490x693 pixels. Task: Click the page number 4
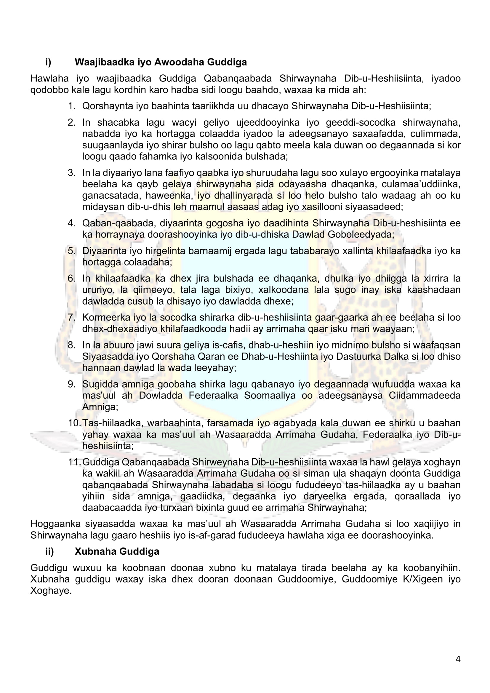coord(458,659)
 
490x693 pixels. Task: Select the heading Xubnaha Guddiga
coord(117,551)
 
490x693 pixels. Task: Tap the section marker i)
coord(48,62)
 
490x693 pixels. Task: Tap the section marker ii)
coord(49,551)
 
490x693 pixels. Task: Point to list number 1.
coord(71,106)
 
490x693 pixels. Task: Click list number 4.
coord(71,223)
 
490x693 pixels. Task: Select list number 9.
coord(71,384)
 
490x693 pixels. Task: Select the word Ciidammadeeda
coord(425,396)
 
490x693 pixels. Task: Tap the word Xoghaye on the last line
coord(51,591)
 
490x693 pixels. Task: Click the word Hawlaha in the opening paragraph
coord(49,79)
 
